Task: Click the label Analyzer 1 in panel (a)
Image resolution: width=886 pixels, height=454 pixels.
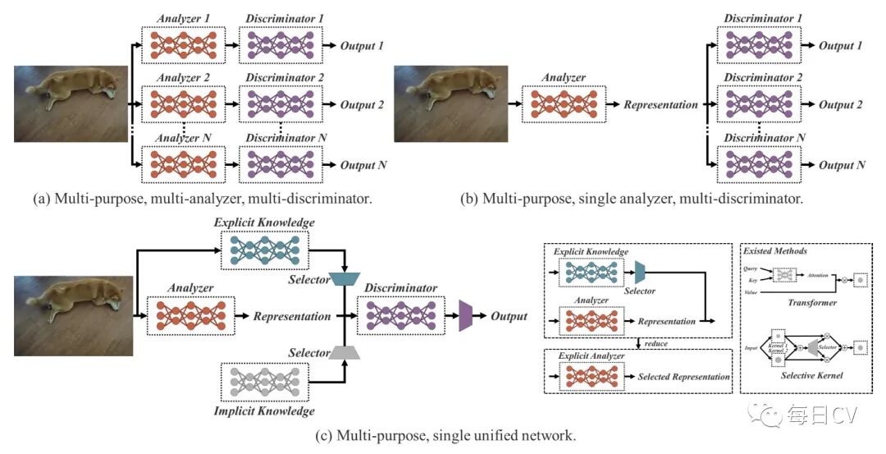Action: (x=184, y=17)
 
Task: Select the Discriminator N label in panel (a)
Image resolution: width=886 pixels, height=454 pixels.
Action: (x=281, y=136)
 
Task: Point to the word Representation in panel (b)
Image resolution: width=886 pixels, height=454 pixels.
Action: (x=660, y=105)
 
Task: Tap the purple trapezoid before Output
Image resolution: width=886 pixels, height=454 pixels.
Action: (x=468, y=316)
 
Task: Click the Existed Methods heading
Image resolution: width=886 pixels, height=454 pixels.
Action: (x=774, y=250)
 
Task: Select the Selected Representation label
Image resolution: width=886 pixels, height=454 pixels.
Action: (x=683, y=377)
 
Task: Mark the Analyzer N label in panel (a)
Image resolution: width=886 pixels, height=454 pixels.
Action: (x=184, y=136)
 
